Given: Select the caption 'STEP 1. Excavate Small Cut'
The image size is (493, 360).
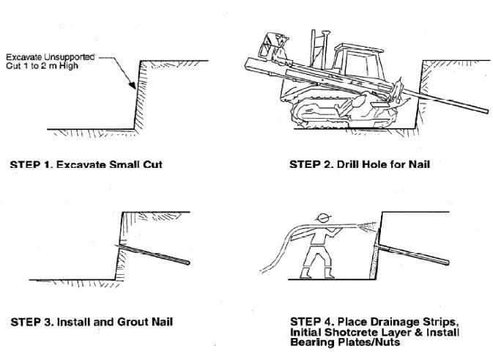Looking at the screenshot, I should [x=86, y=164].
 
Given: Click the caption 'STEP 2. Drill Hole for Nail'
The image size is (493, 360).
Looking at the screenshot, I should [x=359, y=164].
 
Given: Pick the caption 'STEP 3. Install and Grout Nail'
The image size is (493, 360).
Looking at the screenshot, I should [x=91, y=322].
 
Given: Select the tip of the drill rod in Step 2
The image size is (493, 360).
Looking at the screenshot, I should [x=486, y=111].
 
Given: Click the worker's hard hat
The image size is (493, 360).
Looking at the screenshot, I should [x=320, y=218].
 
